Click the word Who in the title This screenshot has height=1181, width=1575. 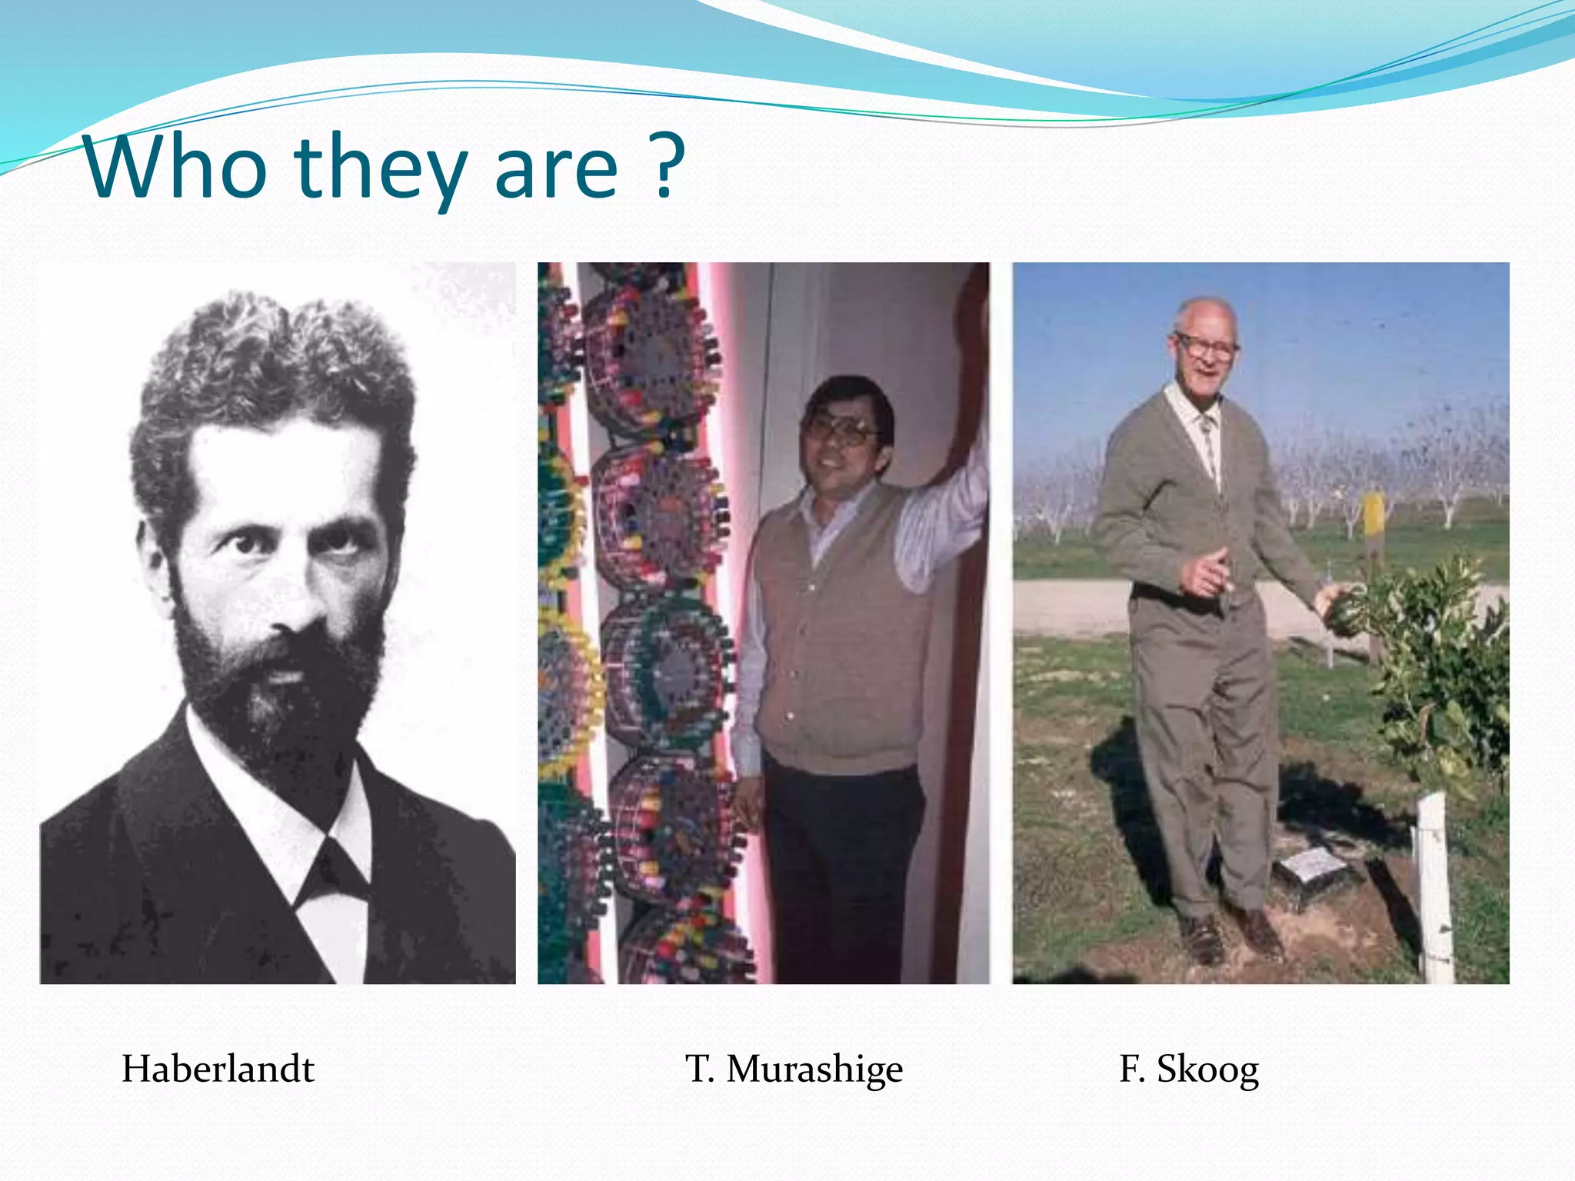[x=177, y=167]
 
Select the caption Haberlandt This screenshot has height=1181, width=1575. [x=218, y=1069]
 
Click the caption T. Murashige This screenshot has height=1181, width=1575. [x=794, y=1069]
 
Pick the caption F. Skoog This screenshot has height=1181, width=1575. [x=1189, y=1069]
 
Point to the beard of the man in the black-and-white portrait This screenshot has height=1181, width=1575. [x=277, y=692]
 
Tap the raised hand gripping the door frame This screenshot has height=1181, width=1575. [x=971, y=323]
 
